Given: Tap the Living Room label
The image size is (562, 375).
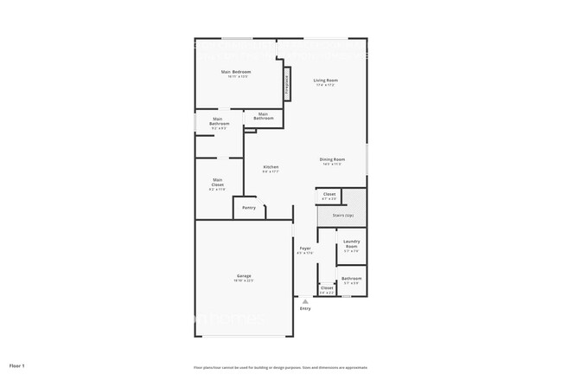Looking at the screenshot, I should [325, 81].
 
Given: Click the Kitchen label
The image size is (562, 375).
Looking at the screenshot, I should [271, 166].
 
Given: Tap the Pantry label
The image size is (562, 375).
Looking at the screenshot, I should [249, 208].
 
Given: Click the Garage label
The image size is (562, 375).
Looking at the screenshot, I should [245, 275].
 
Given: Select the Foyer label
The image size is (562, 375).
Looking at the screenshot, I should [305, 249].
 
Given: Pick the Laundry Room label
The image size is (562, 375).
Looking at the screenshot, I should [351, 244].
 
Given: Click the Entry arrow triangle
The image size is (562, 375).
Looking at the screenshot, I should [305, 301].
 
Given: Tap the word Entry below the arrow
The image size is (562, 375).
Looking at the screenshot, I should [305, 308].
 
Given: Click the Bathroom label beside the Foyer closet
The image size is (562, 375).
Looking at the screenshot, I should [351, 278].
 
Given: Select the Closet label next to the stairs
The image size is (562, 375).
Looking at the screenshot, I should [329, 194].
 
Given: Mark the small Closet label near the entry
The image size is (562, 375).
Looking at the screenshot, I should [327, 288].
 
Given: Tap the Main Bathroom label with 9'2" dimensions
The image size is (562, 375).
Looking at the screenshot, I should [220, 122].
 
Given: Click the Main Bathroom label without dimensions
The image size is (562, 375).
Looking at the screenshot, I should [263, 115].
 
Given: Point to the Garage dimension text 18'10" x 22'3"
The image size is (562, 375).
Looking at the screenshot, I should [245, 281].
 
